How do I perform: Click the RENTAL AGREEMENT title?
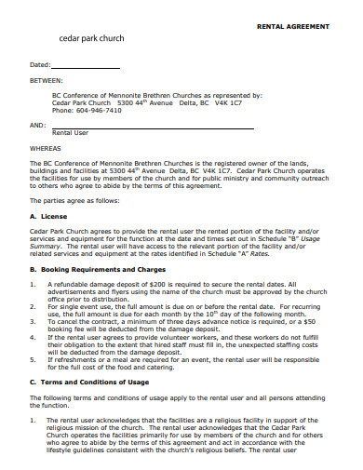[292, 27]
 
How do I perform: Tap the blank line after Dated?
[86, 66]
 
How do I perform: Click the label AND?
[38, 124]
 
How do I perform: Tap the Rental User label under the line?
[70, 133]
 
